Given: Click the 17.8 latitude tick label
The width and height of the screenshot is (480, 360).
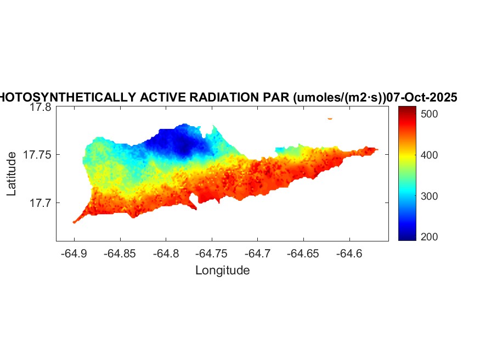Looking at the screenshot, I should click(40, 108).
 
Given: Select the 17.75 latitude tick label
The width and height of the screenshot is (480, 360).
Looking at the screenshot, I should click(37, 155).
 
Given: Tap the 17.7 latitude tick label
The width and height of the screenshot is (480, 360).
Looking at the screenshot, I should click(40, 203).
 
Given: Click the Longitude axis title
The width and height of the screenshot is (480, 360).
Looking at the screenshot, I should click(223, 270).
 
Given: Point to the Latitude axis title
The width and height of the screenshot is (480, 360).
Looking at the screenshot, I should click(12, 174).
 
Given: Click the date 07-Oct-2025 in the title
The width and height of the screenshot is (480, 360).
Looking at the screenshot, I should click(422, 97).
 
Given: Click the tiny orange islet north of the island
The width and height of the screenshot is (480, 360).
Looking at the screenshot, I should click(330, 118).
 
